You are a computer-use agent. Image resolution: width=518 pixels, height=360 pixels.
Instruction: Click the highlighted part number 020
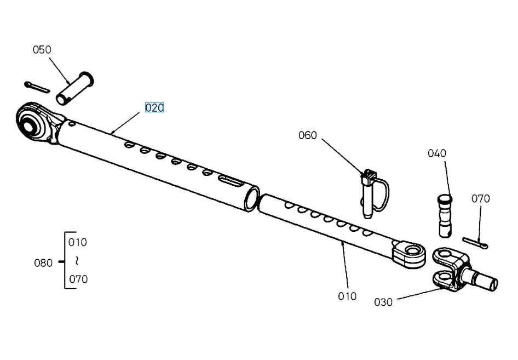154,108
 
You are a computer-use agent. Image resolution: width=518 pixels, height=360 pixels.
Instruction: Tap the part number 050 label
42,50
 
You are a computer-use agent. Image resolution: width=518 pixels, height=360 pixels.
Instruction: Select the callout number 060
307,135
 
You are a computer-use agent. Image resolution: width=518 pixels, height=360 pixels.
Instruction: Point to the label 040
437,153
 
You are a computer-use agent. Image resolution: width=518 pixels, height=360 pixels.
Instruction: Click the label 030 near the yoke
383,302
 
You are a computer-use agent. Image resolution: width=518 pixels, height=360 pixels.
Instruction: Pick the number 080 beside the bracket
43,263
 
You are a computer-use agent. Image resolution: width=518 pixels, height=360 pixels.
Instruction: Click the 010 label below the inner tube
347,296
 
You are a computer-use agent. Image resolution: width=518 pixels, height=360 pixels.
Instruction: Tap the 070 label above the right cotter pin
480,199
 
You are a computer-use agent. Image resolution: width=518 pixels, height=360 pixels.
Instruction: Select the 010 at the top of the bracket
78,242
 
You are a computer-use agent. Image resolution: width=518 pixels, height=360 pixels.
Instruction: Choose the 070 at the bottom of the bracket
78,279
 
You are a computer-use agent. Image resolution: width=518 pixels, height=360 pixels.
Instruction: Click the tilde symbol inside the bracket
77,260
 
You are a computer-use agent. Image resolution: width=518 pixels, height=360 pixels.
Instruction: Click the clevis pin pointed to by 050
75,87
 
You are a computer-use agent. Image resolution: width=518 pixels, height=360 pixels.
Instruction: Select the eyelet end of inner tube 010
410,253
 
